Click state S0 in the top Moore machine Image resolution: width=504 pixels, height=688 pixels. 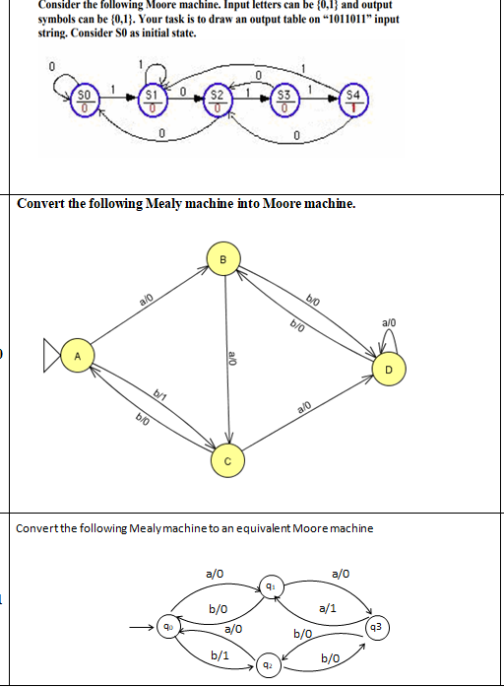[86, 100]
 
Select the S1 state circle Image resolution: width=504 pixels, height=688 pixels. [152, 100]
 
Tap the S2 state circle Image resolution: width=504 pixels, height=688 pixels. [219, 100]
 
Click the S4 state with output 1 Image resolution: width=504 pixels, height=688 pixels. [352, 100]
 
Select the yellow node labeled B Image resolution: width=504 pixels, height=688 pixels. [222, 259]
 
